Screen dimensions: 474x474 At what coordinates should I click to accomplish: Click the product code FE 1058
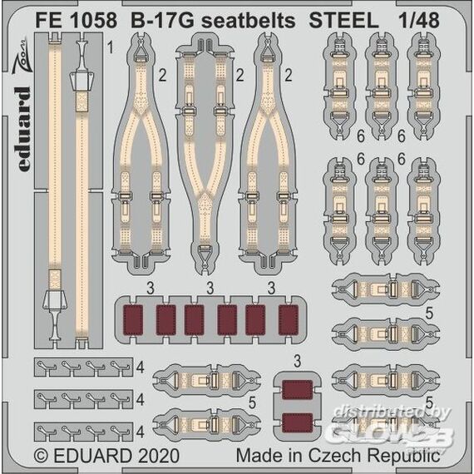pyautogui.click(x=76, y=21)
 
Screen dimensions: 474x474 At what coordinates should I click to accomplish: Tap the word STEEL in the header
pyautogui.click(x=343, y=21)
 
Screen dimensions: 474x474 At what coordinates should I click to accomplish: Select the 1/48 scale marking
pyautogui.click(x=418, y=20)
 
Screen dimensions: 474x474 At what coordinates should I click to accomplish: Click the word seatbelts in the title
pyautogui.click(x=248, y=21)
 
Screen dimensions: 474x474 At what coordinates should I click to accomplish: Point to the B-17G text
pyautogui.click(x=162, y=21)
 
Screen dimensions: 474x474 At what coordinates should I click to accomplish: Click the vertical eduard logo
pyautogui.click(x=23, y=129)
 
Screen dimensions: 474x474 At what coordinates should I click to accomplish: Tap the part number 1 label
pyautogui.click(x=111, y=47)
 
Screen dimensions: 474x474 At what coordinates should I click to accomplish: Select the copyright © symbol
pyautogui.click(x=42, y=456)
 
